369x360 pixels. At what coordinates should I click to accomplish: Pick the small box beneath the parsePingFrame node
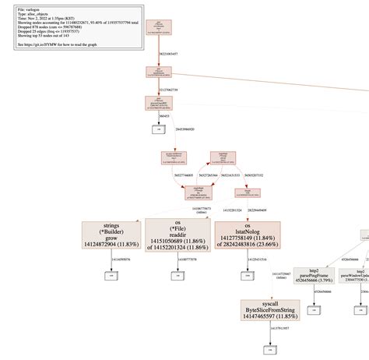315,309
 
